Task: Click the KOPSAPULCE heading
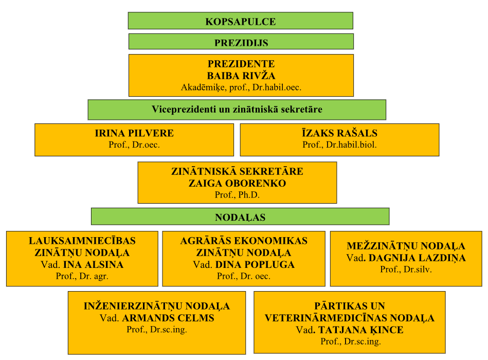241,22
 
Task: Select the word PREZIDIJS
241,43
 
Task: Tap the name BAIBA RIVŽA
241,76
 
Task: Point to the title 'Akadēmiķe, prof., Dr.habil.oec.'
241,87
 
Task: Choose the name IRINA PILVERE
134,133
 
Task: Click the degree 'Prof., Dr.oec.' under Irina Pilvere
134,145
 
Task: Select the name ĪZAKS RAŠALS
339,133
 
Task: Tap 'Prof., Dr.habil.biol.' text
339,145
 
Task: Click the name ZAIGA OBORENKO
237,183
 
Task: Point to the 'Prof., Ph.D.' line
237,195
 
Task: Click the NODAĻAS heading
240,217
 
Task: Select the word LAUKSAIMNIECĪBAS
82,241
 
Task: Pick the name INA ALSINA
94,264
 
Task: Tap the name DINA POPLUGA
255,264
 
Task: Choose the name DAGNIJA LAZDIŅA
417,258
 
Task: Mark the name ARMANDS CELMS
168,318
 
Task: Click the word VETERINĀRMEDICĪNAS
326,318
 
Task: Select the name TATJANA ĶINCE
360,330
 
